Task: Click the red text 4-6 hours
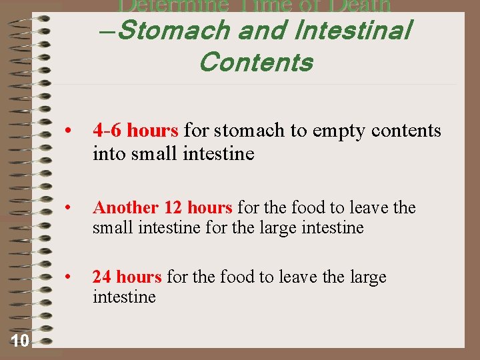(135, 130)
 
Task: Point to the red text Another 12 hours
(162, 208)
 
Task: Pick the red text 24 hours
(127, 277)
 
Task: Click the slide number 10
(20, 341)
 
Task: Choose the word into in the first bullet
(109, 154)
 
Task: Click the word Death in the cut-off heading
(353, 6)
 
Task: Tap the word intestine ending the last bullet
(124, 297)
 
